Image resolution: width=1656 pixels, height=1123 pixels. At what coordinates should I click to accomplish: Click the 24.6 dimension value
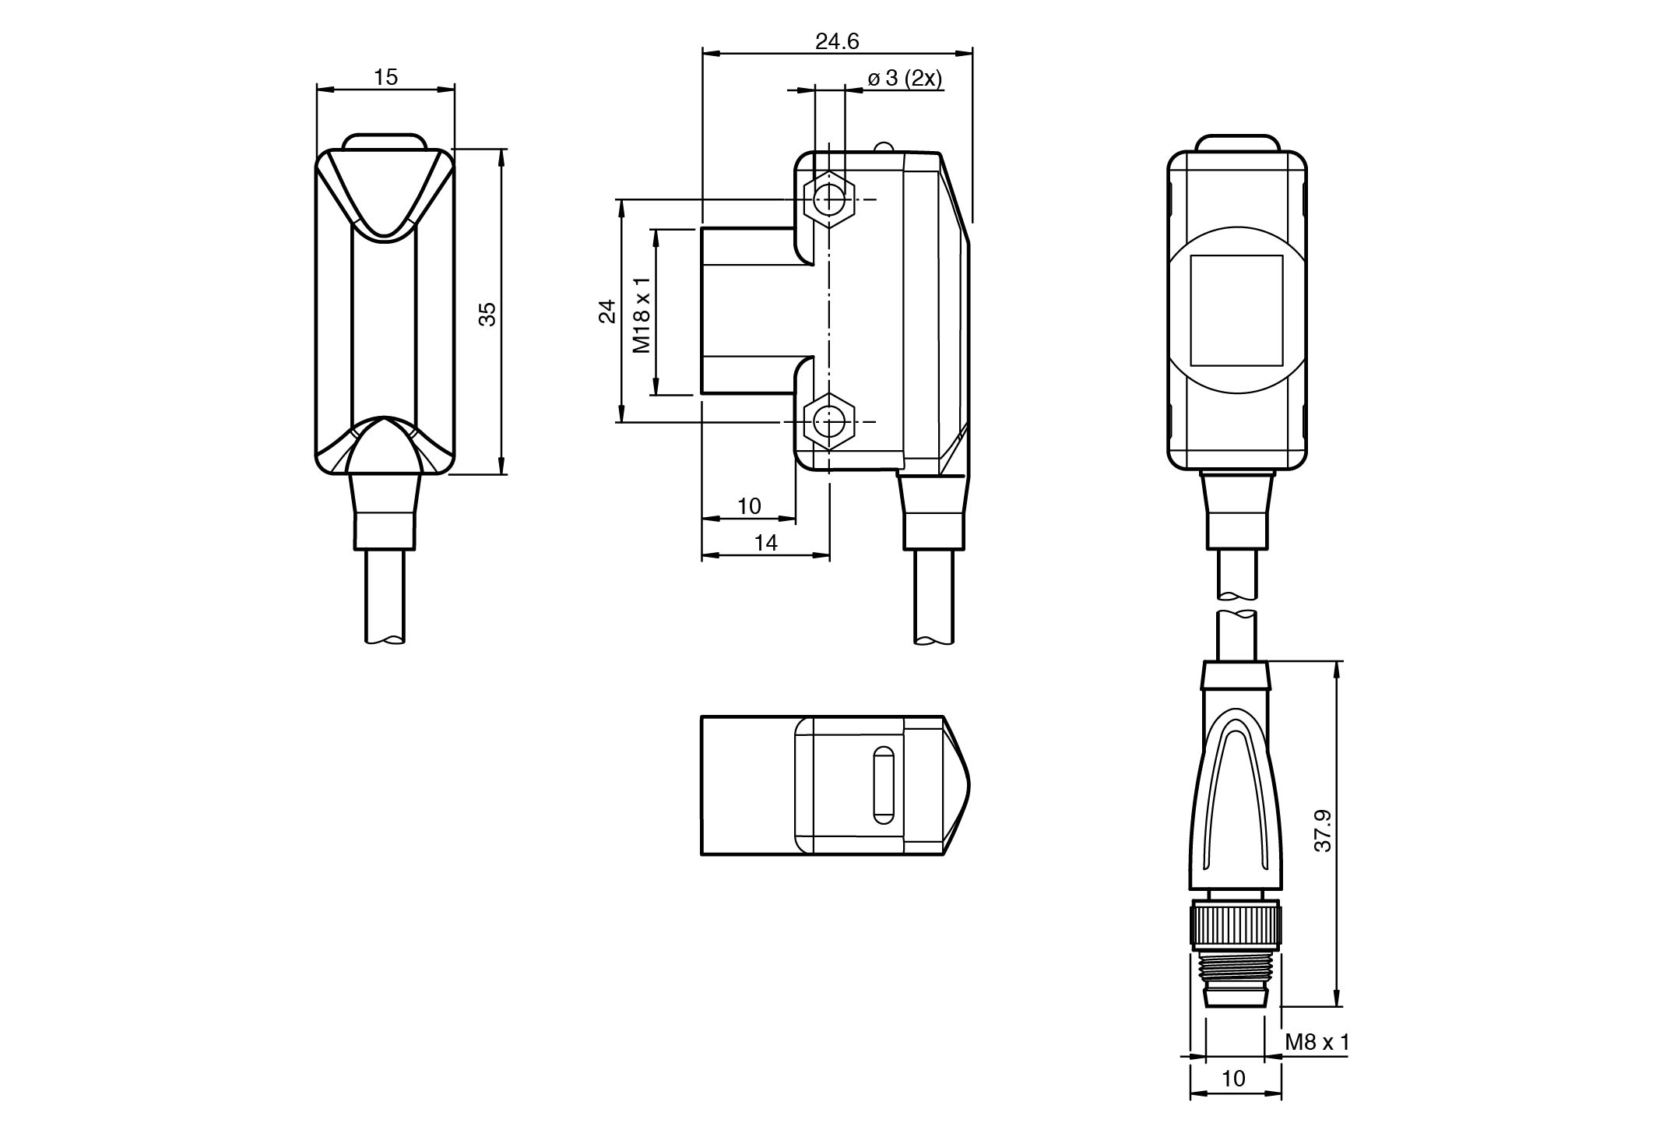pyautogui.click(x=837, y=41)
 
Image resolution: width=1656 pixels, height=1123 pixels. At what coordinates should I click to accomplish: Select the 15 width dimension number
pyautogui.click(x=385, y=77)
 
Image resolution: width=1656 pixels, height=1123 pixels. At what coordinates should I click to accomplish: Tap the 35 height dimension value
pyautogui.click(x=487, y=313)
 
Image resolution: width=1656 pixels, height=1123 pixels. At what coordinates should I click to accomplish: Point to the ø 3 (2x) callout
pyautogui.click(x=905, y=79)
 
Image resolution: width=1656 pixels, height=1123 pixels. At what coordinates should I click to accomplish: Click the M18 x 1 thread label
pyautogui.click(x=642, y=315)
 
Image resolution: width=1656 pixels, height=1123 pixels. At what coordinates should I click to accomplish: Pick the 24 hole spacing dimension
pyautogui.click(x=607, y=312)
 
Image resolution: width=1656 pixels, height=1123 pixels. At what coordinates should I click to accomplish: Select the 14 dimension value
pyautogui.click(x=766, y=543)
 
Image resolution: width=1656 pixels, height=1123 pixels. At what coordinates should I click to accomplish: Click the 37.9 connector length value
pyautogui.click(x=1323, y=831)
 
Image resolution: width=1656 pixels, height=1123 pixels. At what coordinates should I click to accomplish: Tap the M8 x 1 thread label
pyautogui.click(x=1317, y=1041)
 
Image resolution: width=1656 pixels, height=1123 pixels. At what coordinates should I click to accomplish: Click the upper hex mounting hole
pyautogui.click(x=829, y=200)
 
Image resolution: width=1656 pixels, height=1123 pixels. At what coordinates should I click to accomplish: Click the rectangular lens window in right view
pyautogui.click(x=1236, y=311)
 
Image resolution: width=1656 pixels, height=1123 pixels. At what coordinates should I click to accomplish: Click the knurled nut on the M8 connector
pyautogui.click(x=1236, y=926)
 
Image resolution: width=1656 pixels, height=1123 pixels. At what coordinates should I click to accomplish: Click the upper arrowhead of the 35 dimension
pyautogui.click(x=501, y=155)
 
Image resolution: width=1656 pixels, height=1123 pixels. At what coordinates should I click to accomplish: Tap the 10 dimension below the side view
pyautogui.click(x=748, y=506)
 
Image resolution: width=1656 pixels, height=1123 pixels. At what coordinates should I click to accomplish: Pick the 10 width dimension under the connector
pyautogui.click(x=1234, y=1078)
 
